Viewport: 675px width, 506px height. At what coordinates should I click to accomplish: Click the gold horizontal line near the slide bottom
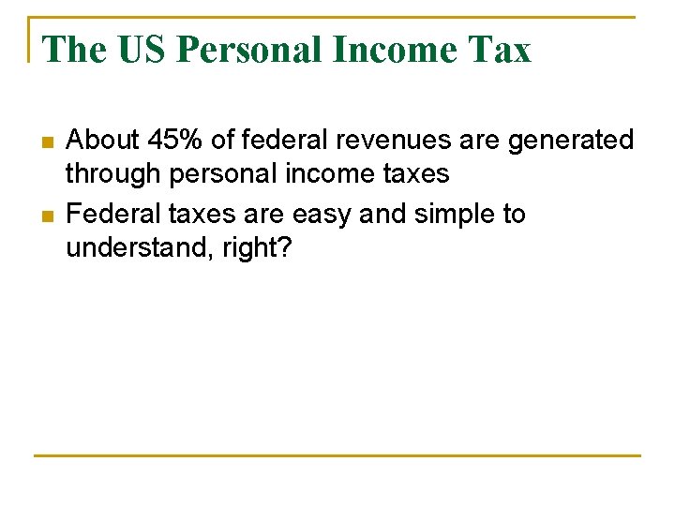pyautogui.click(x=337, y=455)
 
